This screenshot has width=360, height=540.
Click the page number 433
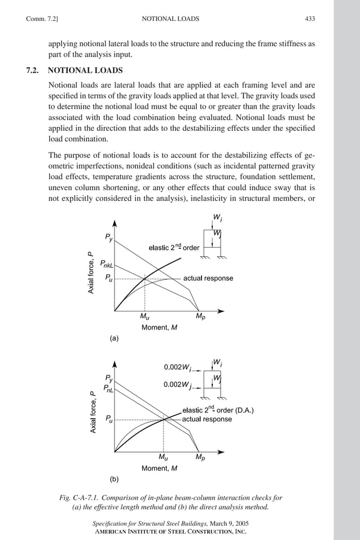(x=310, y=19)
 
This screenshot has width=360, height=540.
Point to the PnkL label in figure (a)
(x=107, y=263)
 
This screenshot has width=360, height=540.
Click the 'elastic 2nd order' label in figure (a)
(x=174, y=247)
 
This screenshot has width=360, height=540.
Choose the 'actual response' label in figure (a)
(x=208, y=278)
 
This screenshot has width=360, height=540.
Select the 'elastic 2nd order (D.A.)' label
(x=217, y=410)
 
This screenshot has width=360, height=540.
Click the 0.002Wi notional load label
(x=177, y=367)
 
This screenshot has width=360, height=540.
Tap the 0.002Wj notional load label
(x=177, y=385)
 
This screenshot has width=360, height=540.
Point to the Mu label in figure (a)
(x=144, y=316)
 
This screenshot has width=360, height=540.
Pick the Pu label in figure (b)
(x=109, y=419)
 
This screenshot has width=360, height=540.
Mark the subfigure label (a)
(x=114, y=339)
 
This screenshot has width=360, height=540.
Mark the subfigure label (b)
(x=114, y=479)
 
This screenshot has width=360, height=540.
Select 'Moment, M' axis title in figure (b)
(x=159, y=468)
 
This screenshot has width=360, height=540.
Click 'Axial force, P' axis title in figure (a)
(x=90, y=273)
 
